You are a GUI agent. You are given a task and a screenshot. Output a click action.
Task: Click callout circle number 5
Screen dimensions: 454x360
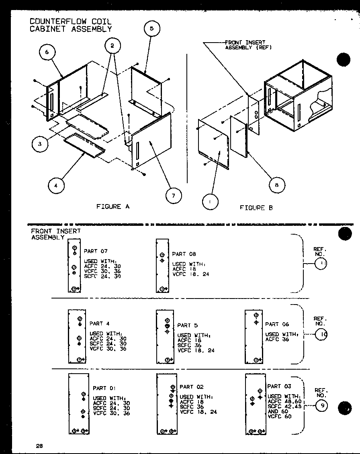pyautogui.click(x=151, y=29)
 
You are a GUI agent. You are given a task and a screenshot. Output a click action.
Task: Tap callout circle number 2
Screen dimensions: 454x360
pyautogui.click(x=112, y=46)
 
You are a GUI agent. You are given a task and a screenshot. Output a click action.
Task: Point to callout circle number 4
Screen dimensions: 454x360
pyautogui.click(x=56, y=186)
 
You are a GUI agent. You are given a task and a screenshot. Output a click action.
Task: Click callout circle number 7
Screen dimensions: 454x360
pyautogui.click(x=174, y=195)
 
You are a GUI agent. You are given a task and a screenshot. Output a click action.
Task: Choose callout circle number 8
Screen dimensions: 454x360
pyautogui.click(x=277, y=185)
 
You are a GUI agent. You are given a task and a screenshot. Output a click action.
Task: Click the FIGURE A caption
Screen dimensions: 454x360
pyautogui.click(x=113, y=207)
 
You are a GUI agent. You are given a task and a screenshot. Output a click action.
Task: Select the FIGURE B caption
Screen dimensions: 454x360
pyautogui.click(x=256, y=208)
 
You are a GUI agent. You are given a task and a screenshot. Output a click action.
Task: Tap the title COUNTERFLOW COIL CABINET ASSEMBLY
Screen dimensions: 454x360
pyautogui.click(x=71, y=25)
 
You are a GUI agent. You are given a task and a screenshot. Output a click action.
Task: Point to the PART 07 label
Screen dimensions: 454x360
pyautogui.click(x=96, y=251)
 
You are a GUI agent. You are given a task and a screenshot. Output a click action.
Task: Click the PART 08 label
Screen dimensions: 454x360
pyautogui.click(x=184, y=254)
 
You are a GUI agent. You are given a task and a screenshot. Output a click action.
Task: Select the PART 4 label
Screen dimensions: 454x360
pyautogui.click(x=99, y=323)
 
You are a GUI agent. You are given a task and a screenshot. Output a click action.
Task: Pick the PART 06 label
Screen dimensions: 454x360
pyautogui.click(x=277, y=324)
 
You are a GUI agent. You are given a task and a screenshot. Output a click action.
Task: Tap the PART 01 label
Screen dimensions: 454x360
pyautogui.click(x=104, y=388)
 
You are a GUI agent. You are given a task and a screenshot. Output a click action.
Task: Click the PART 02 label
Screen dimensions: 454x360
pyautogui.click(x=191, y=387)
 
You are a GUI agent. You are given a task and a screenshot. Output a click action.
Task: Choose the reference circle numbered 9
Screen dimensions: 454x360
pyautogui.click(x=321, y=407)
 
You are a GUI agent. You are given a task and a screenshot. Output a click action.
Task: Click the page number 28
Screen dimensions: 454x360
pyautogui.click(x=39, y=446)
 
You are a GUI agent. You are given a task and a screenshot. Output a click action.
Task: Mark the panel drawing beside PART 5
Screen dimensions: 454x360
pyautogui.click(x=165, y=337)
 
